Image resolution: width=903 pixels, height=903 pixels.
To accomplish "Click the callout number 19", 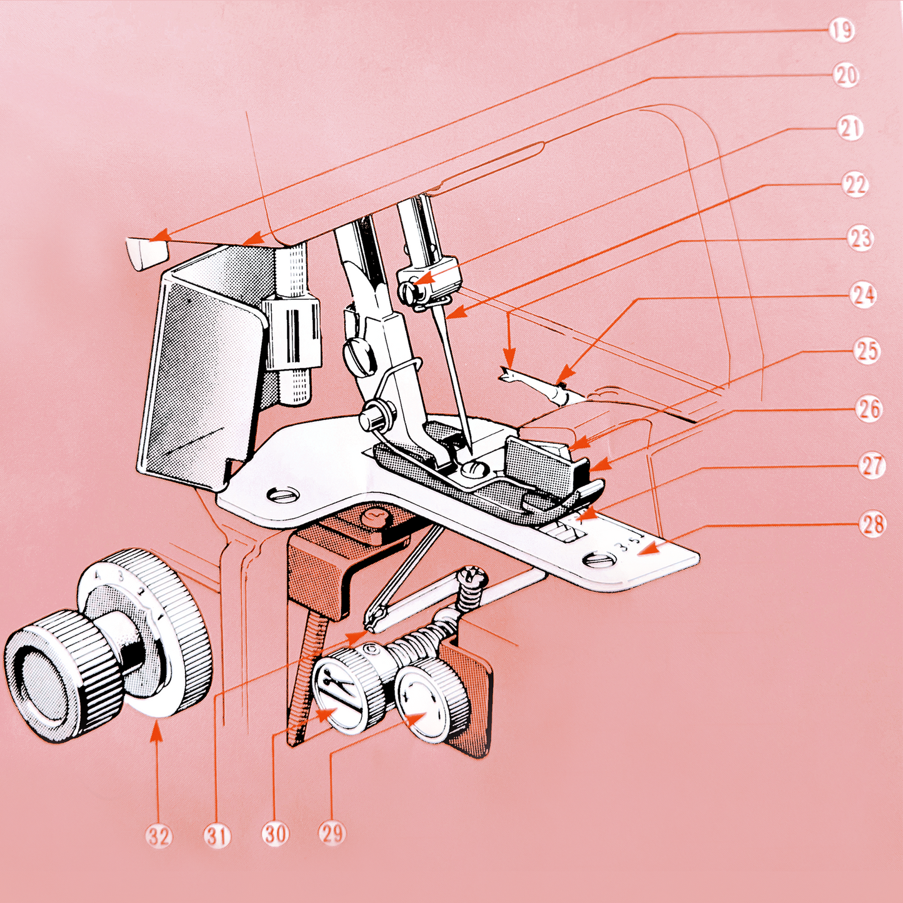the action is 841,31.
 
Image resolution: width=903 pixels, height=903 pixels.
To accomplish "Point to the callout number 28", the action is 872,524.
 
